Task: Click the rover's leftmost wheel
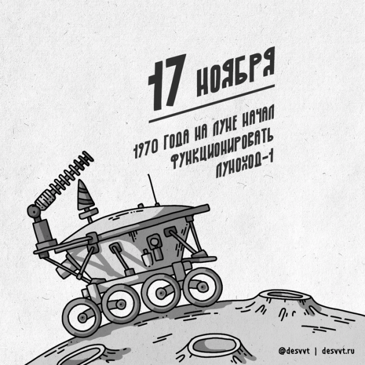pos(81,316)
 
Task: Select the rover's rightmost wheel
pos(202,285)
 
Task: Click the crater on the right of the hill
pos(279,300)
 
